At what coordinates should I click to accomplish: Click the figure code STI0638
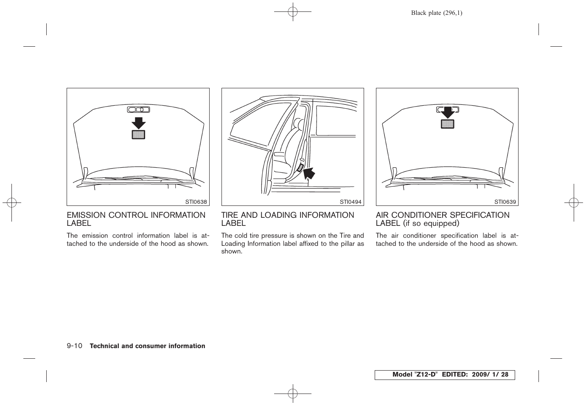pyautogui.click(x=196, y=202)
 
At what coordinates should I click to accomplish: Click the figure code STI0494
pyautogui.click(x=350, y=202)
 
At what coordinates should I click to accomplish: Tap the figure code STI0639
pyautogui.click(x=505, y=202)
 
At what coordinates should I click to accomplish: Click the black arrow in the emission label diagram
pyautogui.click(x=138, y=123)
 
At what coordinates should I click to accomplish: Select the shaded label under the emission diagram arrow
pyautogui.click(x=138, y=135)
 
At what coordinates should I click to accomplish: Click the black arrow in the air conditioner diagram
pyautogui.click(x=447, y=112)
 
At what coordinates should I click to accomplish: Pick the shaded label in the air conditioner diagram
pyautogui.click(x=447, y=124)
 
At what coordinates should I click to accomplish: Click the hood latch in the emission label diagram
pyautogui.click(x=138, y=110)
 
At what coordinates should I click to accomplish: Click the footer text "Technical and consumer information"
pyautogui.click(x=147, y=346)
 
